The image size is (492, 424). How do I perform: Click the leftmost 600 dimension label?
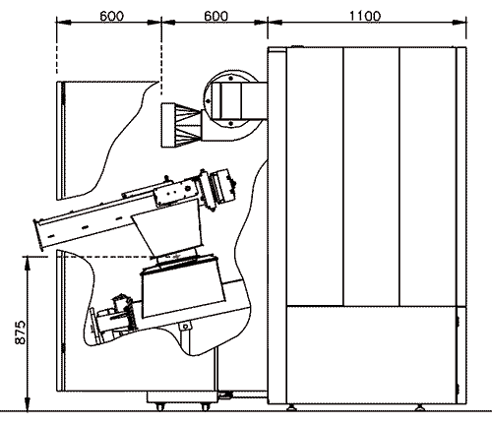[112, 16]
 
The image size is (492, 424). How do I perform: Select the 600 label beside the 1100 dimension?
[215, 16]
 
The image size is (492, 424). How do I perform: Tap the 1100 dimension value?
[365, 16]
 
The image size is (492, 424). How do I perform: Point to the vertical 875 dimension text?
[20, 333]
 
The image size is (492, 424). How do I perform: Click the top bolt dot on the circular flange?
[231, 79]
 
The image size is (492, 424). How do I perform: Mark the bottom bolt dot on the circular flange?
[231, 123]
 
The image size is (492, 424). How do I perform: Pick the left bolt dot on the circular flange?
[208, 101]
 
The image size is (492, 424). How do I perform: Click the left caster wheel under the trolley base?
[160, 407]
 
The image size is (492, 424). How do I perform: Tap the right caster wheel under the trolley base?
[206, 407]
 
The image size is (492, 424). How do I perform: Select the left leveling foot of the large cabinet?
[290, 407]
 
